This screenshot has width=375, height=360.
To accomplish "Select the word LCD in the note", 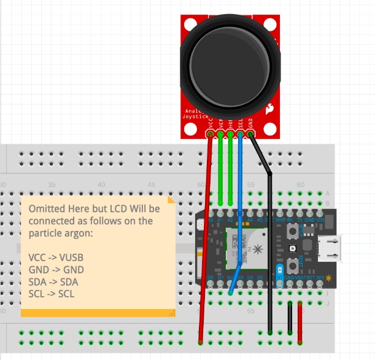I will pos(126,209).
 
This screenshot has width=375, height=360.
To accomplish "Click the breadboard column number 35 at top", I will pos(52,184).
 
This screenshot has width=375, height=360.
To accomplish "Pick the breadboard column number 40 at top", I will pos(102,184).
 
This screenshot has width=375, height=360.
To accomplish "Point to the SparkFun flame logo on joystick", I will pos(269,110).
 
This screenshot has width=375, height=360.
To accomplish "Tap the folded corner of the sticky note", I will pos(171,200).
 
